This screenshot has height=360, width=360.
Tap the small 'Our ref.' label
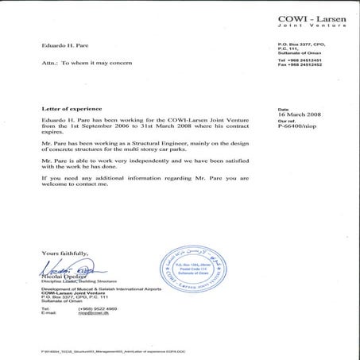pyautogui.click(x=285, y=123)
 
